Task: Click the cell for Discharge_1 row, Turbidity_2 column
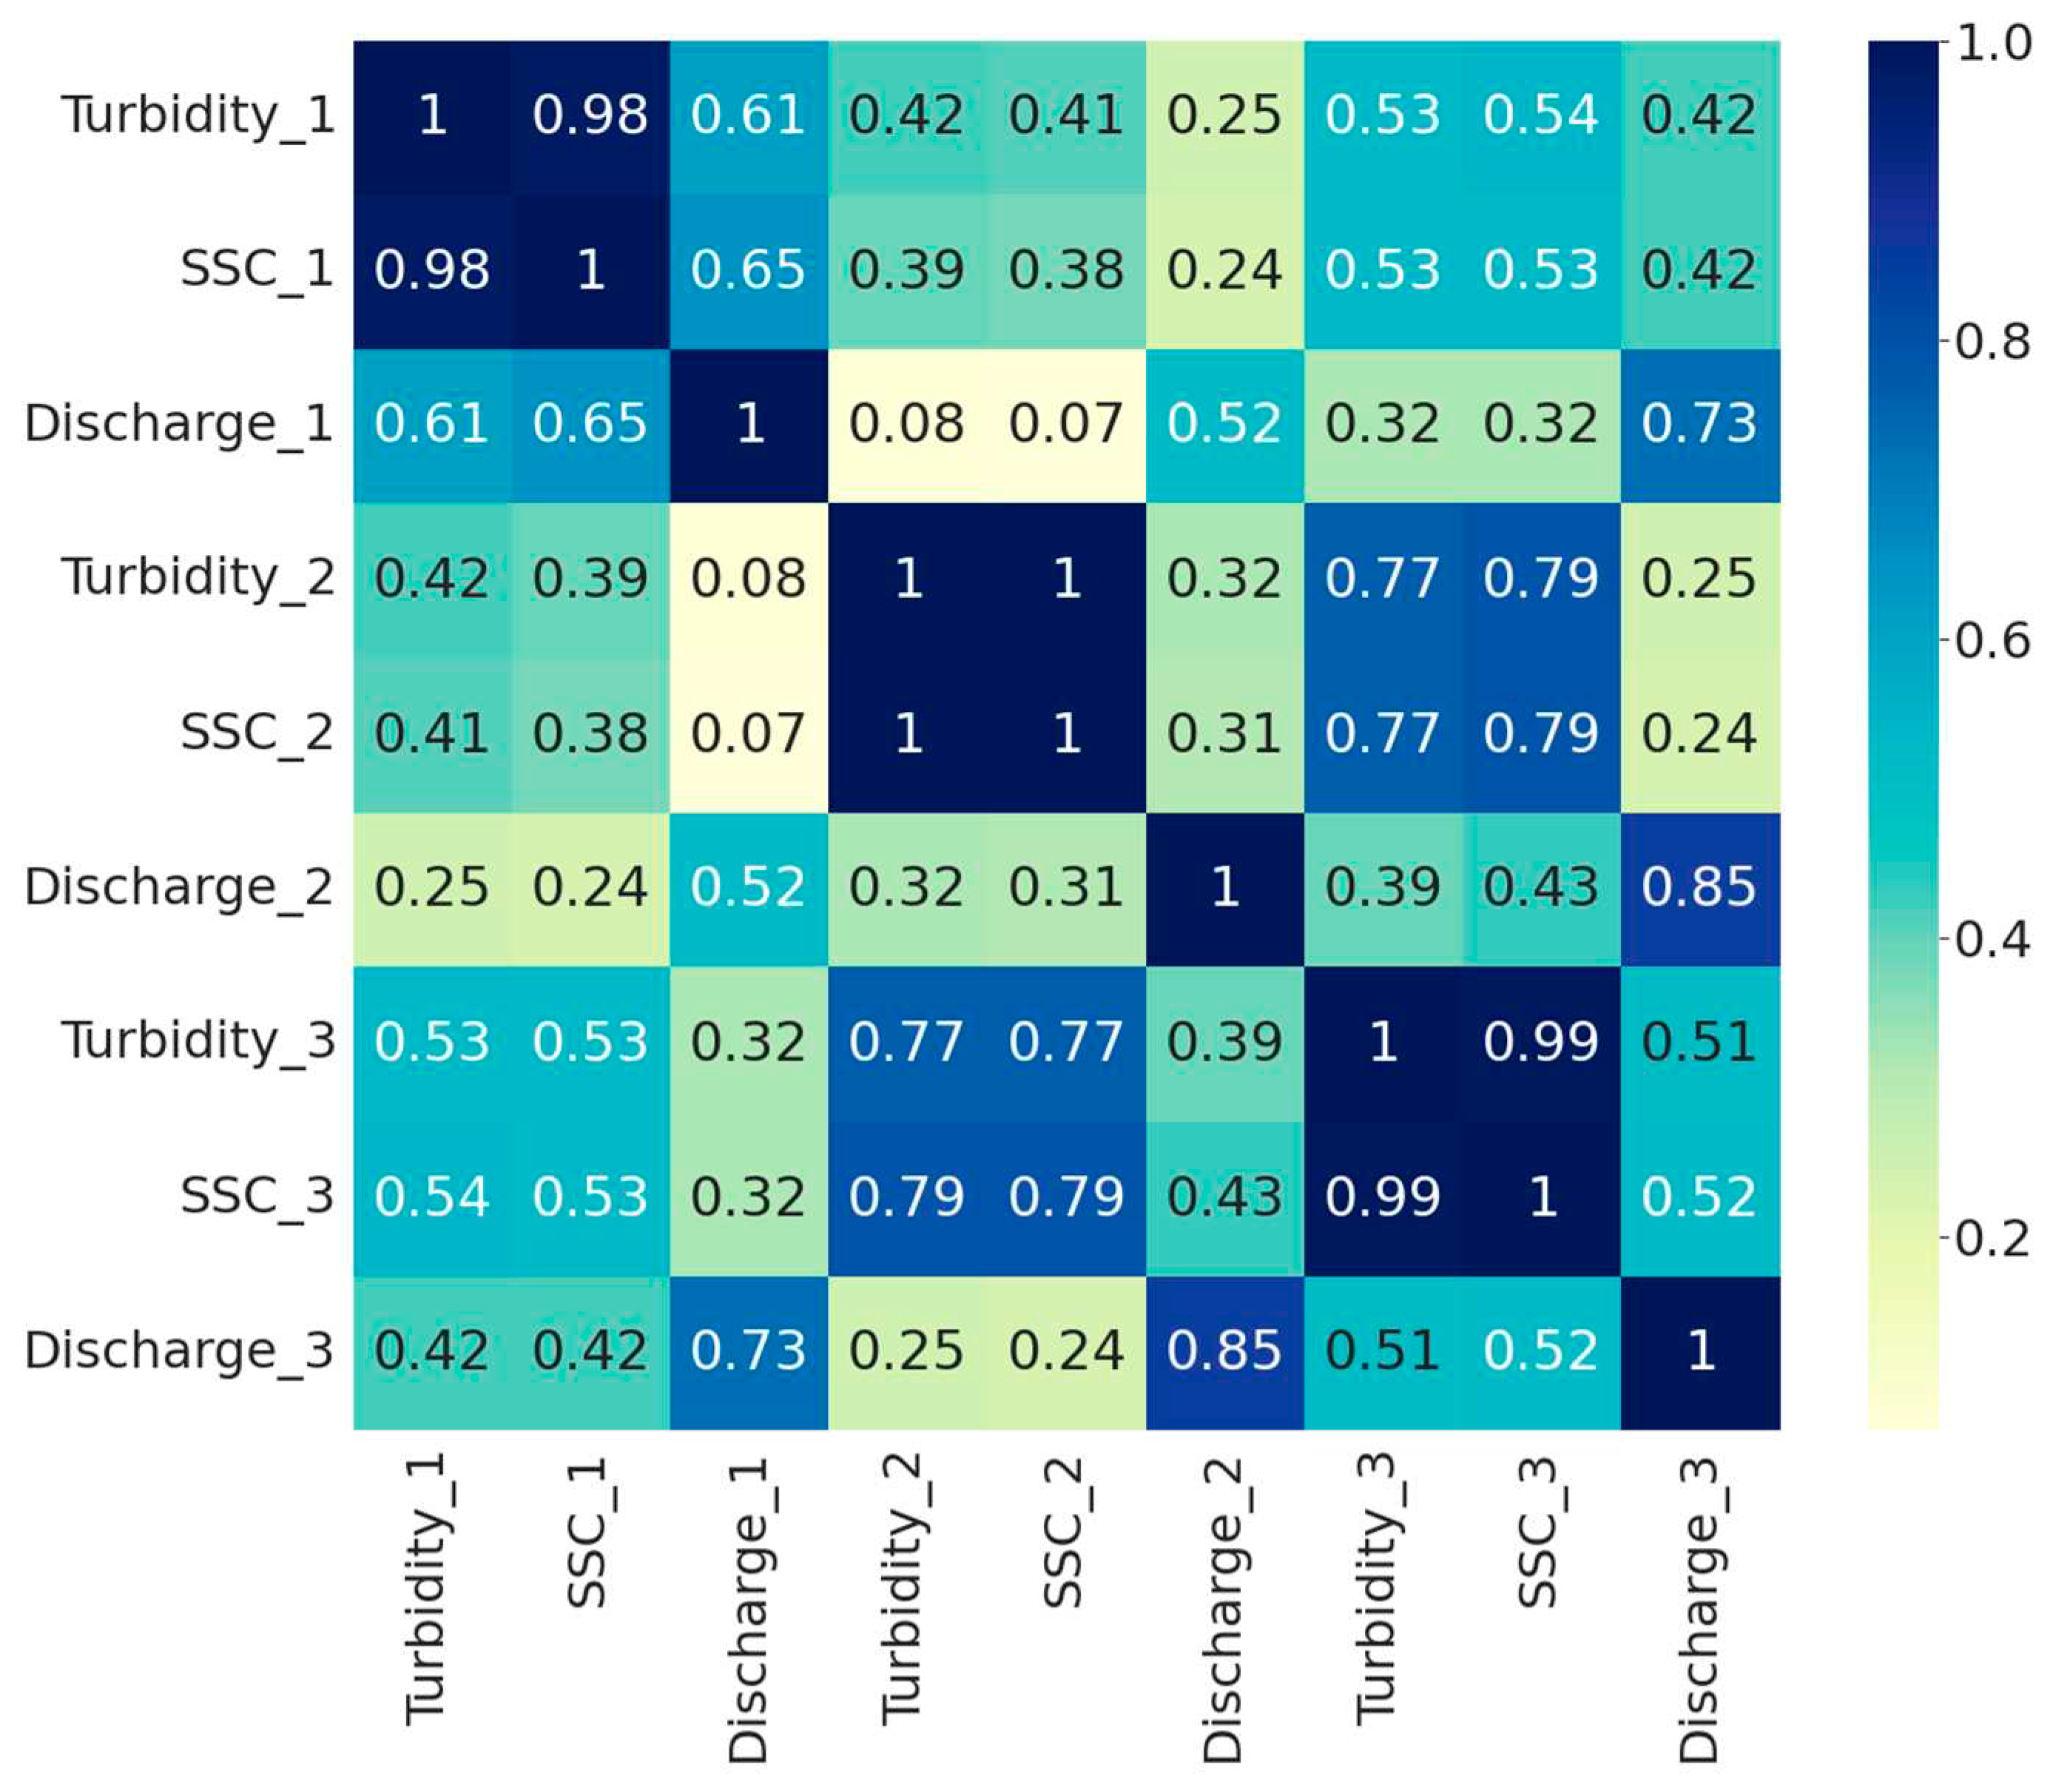906,425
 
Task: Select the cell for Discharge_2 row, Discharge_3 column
1699,887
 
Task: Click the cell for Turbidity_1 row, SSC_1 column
590,115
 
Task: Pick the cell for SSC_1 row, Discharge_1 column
748,270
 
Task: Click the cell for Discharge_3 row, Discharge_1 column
748,1351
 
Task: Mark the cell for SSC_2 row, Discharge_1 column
748,733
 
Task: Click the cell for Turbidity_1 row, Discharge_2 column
1224,115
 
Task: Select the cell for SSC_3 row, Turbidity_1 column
432,1197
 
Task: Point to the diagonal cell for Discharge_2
1224,887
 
